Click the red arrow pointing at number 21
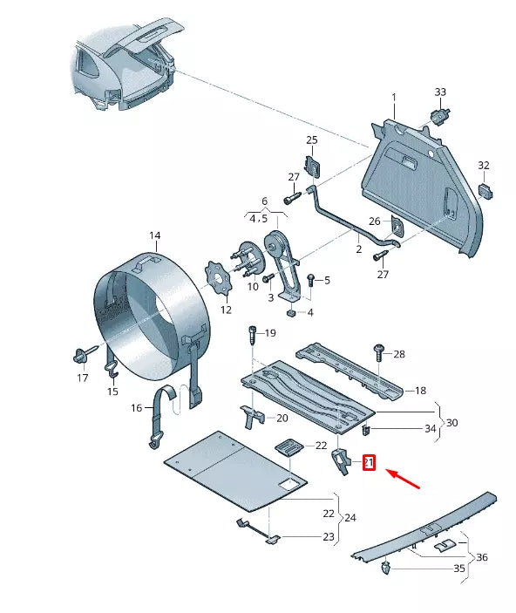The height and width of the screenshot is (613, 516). click(x=403, y=477)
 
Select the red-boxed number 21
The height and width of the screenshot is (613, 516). click(x=368, y=462)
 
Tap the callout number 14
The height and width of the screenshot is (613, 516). click(x=154, y=235)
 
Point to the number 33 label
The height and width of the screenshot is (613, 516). click(x=440, y=92)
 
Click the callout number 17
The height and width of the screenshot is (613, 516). click(x=82, y=378)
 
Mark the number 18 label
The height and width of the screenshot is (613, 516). click(x=420, y=391)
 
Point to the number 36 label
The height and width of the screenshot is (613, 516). click(x=482, y=558)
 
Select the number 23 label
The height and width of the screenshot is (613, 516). click(x=328, y=536)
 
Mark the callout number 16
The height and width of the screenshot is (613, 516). click(x=136, y=408)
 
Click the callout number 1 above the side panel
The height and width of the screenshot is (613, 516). click(x=393, y=96)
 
